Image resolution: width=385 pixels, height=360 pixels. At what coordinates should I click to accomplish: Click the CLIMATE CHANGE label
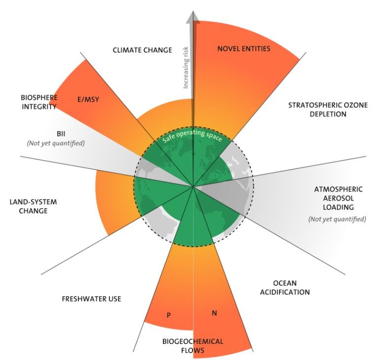[x=142, y=50]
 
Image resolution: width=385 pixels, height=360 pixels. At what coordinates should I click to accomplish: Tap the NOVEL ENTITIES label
[x=243, y=49]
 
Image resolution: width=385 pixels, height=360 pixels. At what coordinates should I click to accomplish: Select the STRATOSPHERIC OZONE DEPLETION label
[x=328, y=109]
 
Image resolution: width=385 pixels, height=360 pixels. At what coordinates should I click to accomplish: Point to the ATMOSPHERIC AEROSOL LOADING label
[x=338, y=198]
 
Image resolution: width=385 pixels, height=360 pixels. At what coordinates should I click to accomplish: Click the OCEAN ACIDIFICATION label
[x=285, y=288]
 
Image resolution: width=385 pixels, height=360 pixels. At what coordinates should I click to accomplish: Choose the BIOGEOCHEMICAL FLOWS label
[x=192, y=346]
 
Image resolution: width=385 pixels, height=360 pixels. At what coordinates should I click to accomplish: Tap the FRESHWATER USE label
[x=91, y=299]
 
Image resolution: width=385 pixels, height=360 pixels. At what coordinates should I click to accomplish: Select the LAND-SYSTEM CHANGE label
[x=33, y=206]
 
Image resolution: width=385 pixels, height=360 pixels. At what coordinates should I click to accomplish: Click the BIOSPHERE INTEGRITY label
[x=39, y=102]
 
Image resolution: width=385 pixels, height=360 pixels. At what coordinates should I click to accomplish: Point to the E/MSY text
[x=88, y=100]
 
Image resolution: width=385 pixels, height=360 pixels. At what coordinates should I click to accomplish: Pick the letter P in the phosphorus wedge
[x=168, y=315]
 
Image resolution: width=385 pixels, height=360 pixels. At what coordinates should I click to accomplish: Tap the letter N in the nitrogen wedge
[x=214, y=313]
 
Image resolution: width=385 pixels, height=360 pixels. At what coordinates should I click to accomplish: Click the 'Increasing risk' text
[x=186, y=68]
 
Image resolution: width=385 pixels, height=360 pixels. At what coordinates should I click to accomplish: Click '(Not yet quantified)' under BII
[x=56, y=143]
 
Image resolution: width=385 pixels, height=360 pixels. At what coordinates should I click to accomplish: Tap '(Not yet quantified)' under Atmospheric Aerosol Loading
[x=337, y=219]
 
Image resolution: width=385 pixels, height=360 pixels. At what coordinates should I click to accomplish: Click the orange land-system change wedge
[x=115, y=201]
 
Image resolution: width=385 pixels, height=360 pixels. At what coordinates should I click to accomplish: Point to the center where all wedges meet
[x=193, y=187]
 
